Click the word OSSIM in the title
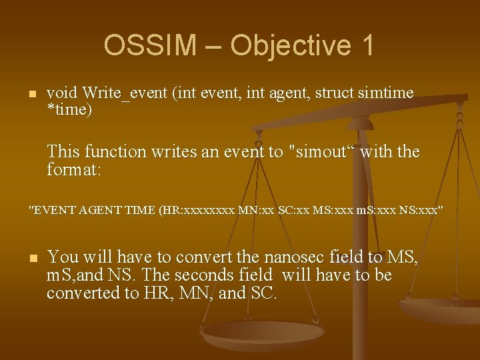pos(150,45)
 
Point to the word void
pos(62,93)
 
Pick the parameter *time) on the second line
pos(69,110)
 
